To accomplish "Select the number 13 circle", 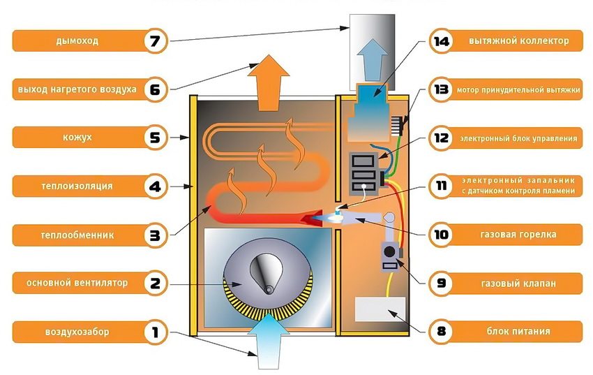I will coord(440,89).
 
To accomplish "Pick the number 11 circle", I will coord(440,186).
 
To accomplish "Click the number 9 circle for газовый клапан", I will coord(440,283).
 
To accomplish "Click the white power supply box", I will coord(380,309).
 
